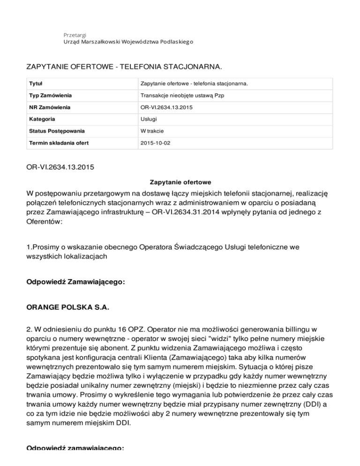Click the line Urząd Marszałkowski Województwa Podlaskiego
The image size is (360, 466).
tap(128, 42)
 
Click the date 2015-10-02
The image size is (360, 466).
tap(155, 142)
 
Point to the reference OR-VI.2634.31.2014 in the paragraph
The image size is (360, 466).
tap(204, 215)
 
